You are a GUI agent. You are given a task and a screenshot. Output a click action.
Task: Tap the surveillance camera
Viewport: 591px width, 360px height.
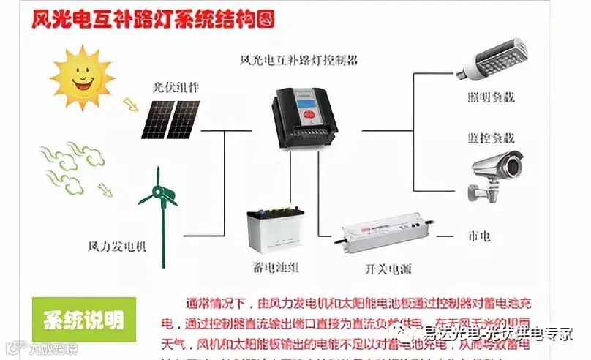[x=497, y=172]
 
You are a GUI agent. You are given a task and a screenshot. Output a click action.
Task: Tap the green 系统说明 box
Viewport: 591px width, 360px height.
[x=83, y=320]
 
